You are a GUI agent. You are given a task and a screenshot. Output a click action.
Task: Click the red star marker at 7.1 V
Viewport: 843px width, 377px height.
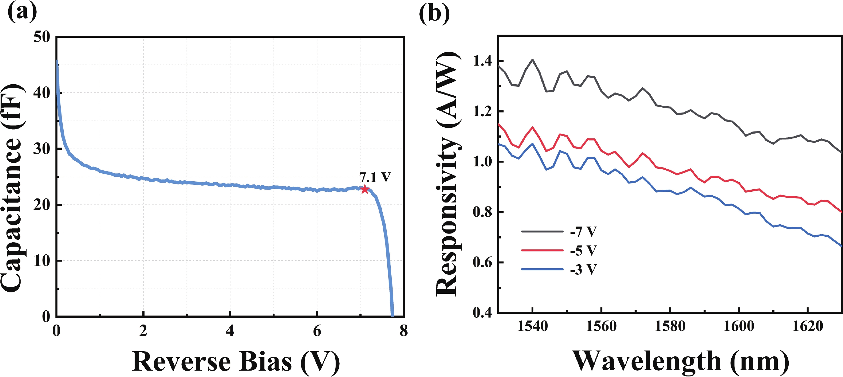click(364, 189)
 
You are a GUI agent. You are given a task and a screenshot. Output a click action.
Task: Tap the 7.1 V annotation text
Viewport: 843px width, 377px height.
click(375, 177)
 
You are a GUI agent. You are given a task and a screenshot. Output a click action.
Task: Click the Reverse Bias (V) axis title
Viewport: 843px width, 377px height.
click(236, 362)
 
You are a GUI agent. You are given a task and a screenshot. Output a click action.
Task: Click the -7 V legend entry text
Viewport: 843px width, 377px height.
click(583, 232)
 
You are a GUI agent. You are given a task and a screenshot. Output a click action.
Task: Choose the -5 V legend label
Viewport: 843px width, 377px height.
click(583, 251)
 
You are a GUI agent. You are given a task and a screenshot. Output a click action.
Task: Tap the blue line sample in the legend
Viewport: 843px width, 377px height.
click(542, 269)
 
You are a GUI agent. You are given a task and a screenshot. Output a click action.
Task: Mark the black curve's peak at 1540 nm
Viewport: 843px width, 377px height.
click(533, 60)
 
